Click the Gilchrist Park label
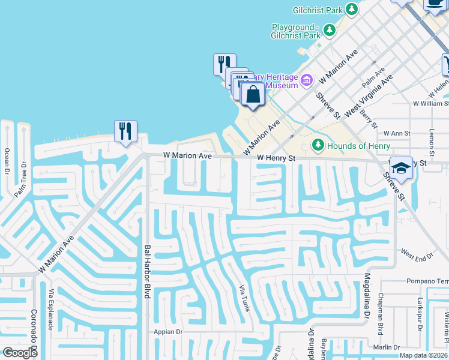pos(318,10)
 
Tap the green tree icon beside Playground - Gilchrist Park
pos(329,30)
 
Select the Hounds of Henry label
pos(354,146)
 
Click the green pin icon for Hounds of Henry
pos(318,145)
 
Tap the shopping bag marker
pos(253,95)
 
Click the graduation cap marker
pos(401,167)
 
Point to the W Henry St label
pos(277,158)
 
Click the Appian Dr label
pos(167,332)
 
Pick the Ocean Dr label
pos(7,160)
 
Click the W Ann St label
pos(396,133)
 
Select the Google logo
pos(20,353)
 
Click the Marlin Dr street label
pos(385,347)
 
